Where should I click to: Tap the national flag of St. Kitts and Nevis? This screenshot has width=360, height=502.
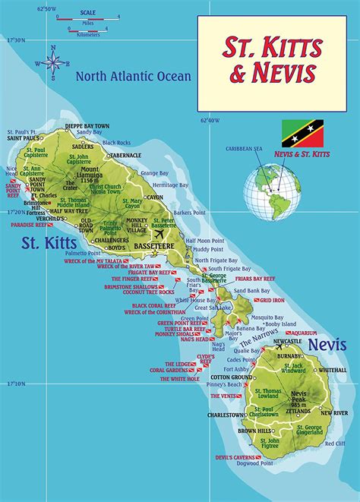(301, 133)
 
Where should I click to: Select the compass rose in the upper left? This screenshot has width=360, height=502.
(54, 62)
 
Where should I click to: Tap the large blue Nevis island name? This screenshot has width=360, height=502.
(324, 344)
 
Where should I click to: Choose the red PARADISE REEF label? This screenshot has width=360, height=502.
(29, 225)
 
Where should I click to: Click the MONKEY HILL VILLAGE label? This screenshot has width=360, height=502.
(137, 229)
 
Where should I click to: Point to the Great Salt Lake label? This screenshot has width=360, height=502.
(213, 307)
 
